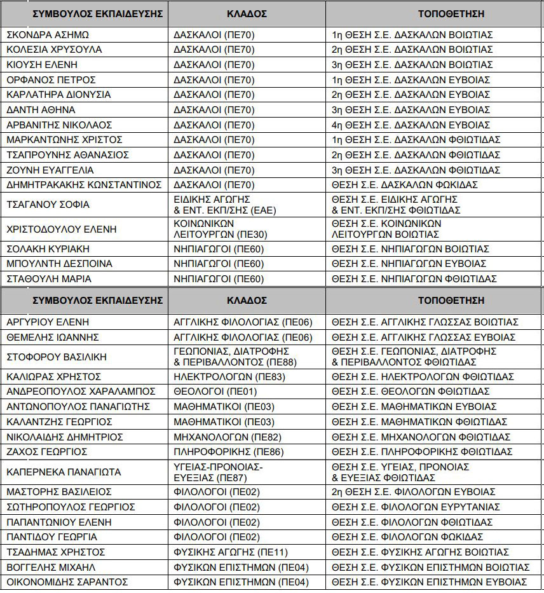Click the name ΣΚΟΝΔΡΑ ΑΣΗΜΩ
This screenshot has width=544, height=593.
48,34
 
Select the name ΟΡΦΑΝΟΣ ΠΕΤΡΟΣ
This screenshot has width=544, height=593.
51,79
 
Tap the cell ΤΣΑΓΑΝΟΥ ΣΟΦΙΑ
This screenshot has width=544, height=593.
48,205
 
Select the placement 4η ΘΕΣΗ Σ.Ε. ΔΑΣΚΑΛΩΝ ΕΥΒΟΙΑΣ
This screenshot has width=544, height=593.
411,125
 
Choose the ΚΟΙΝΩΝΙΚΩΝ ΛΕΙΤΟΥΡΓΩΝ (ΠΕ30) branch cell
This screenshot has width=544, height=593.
212,229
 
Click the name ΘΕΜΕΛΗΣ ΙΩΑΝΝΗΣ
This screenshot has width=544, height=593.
53,337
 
